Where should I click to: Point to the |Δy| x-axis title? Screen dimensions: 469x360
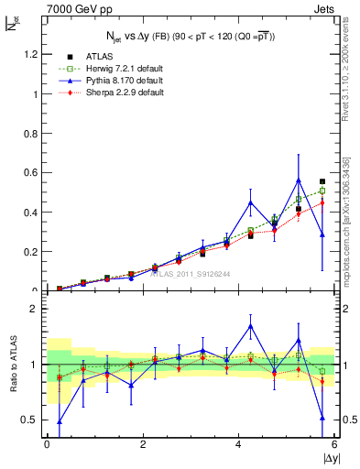tap(329, 458)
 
